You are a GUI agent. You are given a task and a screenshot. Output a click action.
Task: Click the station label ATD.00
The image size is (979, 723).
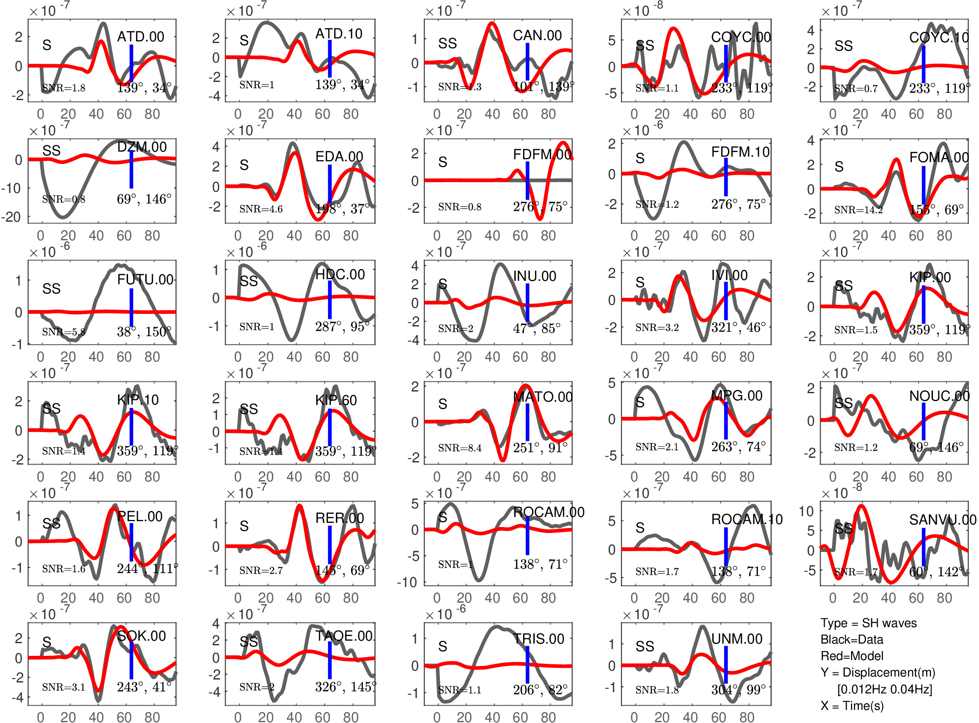(141, 37)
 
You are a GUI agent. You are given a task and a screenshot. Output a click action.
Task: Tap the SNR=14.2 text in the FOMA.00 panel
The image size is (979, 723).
(858, 210)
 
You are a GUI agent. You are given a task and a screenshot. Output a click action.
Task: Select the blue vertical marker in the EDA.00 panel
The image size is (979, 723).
(330, 184)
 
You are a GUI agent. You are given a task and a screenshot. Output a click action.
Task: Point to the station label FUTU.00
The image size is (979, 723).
(145, 280)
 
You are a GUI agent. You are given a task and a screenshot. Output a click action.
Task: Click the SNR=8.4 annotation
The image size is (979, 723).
(460, 448)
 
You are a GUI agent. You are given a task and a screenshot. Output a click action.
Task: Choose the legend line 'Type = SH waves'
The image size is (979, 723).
(868, 623)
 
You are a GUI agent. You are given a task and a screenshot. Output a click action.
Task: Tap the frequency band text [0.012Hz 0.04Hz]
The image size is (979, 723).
(884, 689)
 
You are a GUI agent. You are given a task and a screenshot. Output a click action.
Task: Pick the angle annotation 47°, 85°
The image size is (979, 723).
(537, 328)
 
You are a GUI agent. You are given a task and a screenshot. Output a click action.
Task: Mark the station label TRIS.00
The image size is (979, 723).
(538, 639)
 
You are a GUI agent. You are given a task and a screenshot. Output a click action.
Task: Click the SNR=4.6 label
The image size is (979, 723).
(261, 209)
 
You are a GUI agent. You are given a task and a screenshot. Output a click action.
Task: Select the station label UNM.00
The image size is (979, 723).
(737, 639)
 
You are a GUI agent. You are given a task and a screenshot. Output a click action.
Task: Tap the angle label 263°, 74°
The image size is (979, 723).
(738, 447)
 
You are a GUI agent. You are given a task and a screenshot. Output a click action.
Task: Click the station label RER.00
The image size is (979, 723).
(340, 518)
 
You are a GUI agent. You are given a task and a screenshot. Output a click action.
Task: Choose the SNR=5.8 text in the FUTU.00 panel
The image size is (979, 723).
(63, 332)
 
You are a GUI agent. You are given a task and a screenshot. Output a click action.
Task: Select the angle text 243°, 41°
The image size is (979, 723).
(144, 687)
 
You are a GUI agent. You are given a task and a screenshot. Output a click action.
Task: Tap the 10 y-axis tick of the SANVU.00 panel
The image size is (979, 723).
(806, 511)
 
